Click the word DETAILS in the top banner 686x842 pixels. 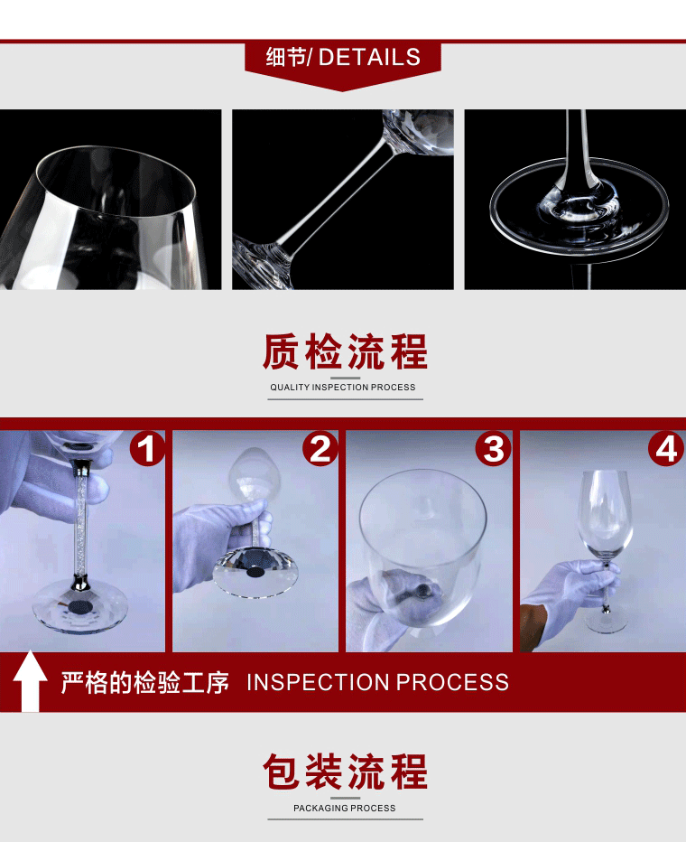click(x=369, y=57)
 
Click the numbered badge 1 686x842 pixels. click(x=147, y=449)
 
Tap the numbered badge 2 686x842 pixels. click(x=320, y=449)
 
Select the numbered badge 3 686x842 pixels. click(x=494, y=449)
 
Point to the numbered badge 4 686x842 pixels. click(x=666, y=449)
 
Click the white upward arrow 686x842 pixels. click(x=30, y=681)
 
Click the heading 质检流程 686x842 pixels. click(x=345, y=351)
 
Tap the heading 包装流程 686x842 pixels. click(x=345, y=772)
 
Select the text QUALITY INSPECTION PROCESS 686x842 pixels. click(x=343, y=388)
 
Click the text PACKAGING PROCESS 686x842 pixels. click(x=344, y=809)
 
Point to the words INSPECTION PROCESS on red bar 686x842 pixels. click(x=377, y=682)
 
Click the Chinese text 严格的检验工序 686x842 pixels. click(x=144, y=682)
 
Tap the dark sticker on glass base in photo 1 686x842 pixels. click(x=79, y=607)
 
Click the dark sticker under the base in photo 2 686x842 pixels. click(x=255, y=572)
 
